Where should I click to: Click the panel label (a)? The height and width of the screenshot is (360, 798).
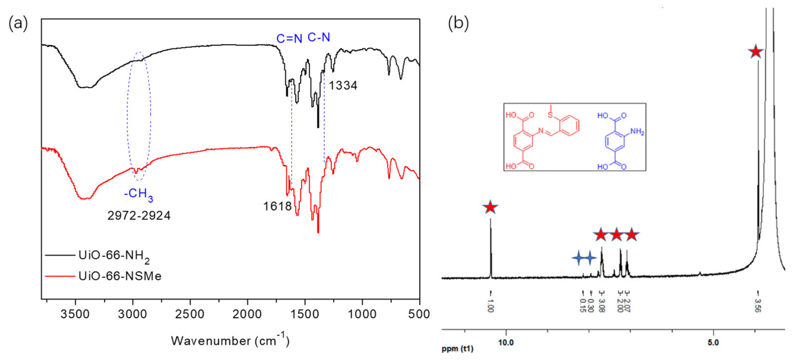click(18, 24)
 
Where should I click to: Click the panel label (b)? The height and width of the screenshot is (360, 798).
click(458, 24)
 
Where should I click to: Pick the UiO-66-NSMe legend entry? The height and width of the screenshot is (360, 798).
click(119, 276)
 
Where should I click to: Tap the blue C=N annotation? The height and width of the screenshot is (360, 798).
click(289, 39)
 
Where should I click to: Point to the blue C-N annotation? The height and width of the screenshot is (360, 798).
click(319, 37)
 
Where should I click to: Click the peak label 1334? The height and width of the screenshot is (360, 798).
click(343, 85)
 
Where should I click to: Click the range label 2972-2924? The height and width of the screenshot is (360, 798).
click(139, 216)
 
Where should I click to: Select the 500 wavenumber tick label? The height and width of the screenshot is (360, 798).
click(419, 314)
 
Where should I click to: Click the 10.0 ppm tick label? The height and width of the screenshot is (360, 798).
click(506, 342)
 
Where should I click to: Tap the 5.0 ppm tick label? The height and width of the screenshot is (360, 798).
click(713, 342)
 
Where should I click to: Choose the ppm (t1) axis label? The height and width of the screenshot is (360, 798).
click(457, 349)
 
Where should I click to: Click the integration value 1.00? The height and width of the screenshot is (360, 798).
click(490, 305)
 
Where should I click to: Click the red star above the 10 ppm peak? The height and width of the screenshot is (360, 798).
click(490, 207)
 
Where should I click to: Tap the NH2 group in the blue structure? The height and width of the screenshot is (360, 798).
click(637, 132)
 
